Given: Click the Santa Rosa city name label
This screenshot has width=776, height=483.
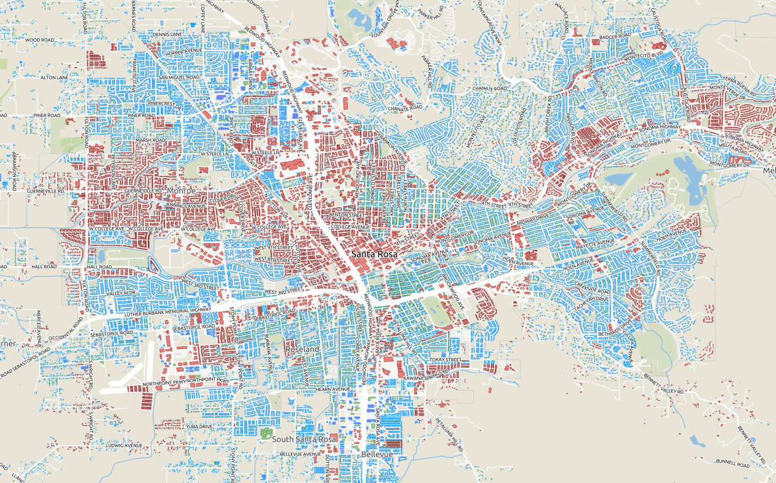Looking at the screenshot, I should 375,255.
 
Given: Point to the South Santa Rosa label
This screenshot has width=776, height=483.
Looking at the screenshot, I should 304,439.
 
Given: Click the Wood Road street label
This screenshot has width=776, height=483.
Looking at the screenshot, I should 39,40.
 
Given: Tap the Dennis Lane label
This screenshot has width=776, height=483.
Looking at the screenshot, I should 168,34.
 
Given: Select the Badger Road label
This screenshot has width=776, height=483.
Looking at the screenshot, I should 615,36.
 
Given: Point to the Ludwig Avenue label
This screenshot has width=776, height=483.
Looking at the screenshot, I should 124,446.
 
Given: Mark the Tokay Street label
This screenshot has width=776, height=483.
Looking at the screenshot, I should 445,360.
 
